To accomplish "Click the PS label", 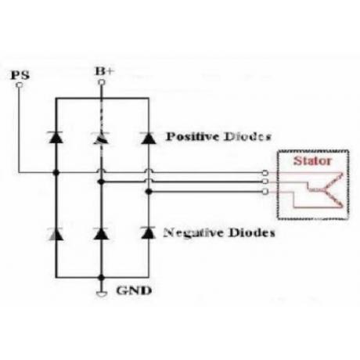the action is pyautogui.click(x=20, y=75).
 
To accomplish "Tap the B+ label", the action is pyautogui.click(x=105, y=71).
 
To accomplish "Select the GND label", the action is pyautogui.click(x=134, y=290).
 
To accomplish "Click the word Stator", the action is pyautogui.click(x=312, y=160).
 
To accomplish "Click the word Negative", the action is pyautogui.click(x=193, y=232).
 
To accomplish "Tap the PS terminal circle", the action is pyautogui.click(x=19, y=85).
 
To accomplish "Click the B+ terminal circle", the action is pyautogui.click(x=102, y=82).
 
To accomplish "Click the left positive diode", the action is pyautogui.click(x=56, y=138).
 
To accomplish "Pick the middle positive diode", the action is pyautogui.click(x=101, y=138).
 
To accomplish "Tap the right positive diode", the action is pyautogui.click(x=149, y=138).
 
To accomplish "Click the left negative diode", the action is pyautogui.click(x=56, y=234).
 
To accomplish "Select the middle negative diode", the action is pyautogui.click(x=101, y=234).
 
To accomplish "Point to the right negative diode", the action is pyautogui.click(x=148, y=232).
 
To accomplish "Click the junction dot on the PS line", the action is pyautogui.click(x=56, y=173).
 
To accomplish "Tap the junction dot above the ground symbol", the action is pyautogui.click(x=102, y=278).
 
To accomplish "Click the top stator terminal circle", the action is pyautogui.click(x=265, y=173).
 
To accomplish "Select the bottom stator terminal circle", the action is pyautogui.click(x=265, y=192).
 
